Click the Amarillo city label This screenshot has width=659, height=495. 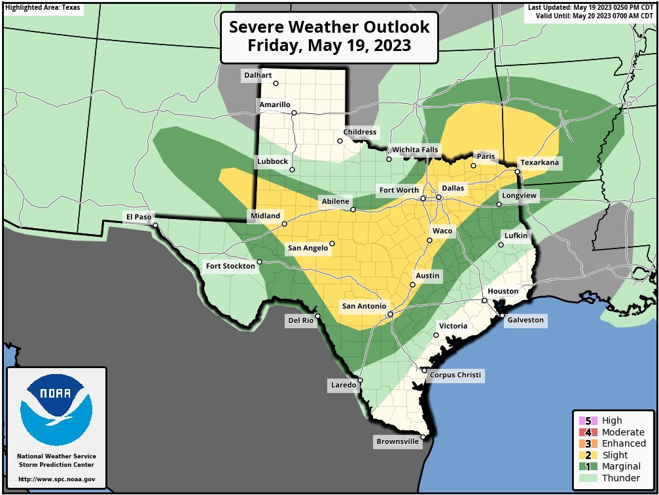tap(274, 105)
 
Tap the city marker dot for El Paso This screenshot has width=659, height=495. tap(156, 225)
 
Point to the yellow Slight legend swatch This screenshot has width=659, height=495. tap(588, 455)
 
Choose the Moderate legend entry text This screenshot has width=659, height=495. tap(622, 432)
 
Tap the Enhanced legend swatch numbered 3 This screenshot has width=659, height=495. tap(588, 444)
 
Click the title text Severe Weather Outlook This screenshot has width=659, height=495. tap(329, 27)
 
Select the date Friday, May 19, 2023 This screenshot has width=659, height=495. tap(329, 46)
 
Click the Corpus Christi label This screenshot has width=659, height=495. tap(455, 375)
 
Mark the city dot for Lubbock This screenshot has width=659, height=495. tap(292, 169)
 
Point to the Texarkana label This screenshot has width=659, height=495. tap(541, 162)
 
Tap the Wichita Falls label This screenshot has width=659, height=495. tap(415, 150)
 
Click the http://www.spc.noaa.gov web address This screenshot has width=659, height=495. tap(56, 479)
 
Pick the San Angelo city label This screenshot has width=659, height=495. tap(307, 248)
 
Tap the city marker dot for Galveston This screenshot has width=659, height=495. tap(502, 316)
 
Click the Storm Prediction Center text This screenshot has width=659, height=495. tap(56, 465)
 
